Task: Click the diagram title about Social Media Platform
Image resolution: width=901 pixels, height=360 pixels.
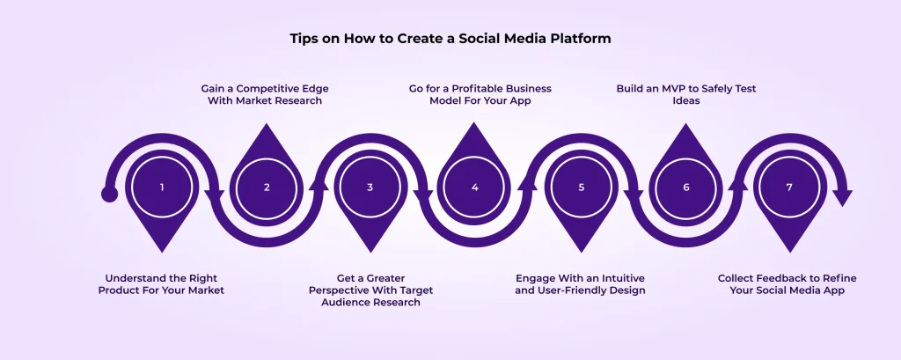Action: coord(450,39)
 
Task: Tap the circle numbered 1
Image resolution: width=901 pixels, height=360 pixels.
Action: coord(162,187)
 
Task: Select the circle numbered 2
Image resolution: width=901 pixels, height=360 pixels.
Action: coord(267,187)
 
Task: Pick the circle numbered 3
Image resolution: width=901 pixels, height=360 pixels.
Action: coord(370,187)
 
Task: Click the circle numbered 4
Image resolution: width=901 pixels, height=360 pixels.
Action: coord(475,187)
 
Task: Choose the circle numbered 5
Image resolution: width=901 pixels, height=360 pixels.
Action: coord(581,187)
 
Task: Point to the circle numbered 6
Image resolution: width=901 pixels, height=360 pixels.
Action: coord(685,187)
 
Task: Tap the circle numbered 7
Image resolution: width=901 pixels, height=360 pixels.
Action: coord(789,187)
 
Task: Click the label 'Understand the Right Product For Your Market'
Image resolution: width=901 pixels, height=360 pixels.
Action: coord(161,283)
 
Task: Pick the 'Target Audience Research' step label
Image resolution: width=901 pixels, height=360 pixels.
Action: coord(370,290)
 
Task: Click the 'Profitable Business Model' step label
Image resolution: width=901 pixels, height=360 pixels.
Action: coord(474,94)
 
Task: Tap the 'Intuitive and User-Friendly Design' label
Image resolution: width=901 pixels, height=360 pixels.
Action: coord(581,283)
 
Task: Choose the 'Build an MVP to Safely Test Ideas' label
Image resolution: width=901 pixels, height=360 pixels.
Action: coord(685,94)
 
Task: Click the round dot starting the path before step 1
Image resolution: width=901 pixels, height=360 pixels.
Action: coord(109,194)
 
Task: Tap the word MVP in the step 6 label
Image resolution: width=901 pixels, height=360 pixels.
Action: coord(665,89)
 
